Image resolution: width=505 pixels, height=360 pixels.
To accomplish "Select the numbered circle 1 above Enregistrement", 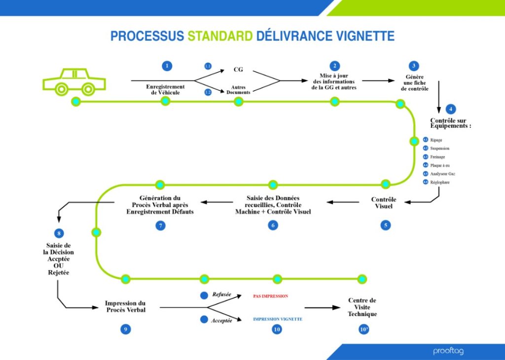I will (167, 66).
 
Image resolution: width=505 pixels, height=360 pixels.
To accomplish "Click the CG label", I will (238, 70).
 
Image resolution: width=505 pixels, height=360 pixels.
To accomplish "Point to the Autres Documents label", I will (238, 89).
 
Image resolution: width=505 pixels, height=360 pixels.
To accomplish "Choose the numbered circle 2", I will (335, 66).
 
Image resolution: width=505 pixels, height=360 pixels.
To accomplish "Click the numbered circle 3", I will (414, 66).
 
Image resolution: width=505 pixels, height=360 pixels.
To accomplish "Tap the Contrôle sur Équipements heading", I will (451, 123).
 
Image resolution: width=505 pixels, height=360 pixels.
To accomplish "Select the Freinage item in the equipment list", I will (437, 157).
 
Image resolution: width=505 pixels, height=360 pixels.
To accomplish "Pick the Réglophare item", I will (439, 182).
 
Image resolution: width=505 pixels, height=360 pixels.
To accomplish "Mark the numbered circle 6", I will (273, 225).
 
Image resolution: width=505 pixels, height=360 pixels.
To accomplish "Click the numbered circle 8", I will (59, 233).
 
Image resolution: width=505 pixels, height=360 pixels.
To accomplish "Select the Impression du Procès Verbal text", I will (125, 306).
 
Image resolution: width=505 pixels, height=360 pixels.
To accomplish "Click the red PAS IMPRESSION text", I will (270, 296).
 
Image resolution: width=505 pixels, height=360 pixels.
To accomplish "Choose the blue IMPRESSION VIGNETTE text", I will (278, 319).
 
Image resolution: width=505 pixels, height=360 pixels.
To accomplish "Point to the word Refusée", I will (222, 294).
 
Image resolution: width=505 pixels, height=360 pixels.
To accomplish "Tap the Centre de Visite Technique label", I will (362, 307).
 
